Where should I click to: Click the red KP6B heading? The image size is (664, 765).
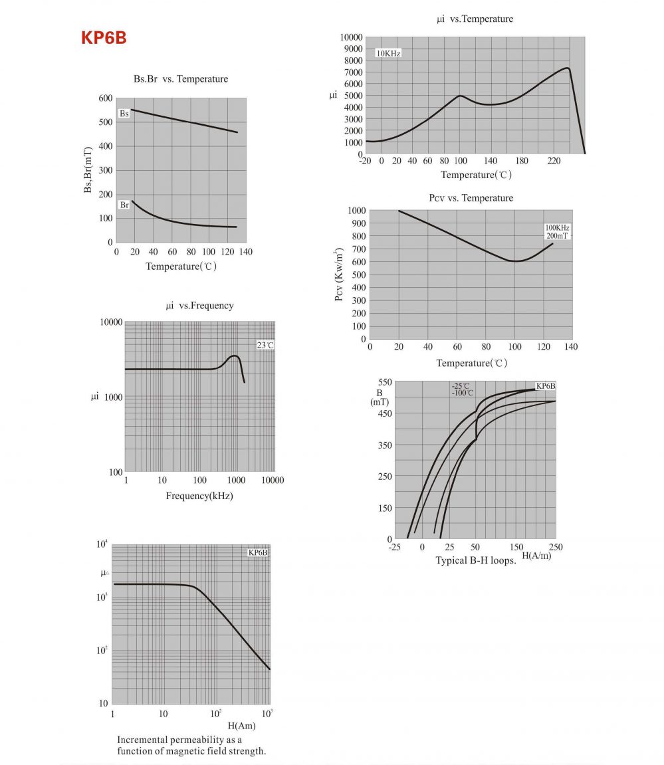[104, 38]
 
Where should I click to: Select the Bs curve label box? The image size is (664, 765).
[124, 114]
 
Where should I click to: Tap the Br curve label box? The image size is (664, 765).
[124, 205]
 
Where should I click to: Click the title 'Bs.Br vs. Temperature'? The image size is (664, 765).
[181, 79]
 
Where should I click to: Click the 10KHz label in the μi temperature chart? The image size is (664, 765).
[389, 53]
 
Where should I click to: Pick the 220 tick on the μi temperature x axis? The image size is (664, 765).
[553, 161]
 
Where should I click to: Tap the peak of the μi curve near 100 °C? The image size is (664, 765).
[460, 96]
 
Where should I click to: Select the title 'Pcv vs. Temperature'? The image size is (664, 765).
[471, 198]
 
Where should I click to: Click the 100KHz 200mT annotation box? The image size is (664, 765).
[558, 231]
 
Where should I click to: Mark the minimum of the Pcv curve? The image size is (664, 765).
[515, 261]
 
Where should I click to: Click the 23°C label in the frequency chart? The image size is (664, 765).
[265, 345]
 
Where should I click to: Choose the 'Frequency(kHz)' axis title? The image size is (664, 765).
[199, 496]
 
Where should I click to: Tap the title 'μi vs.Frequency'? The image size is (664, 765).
[199, 306]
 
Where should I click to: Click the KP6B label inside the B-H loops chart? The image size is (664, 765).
[546, 386]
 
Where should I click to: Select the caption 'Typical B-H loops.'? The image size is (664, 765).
[476, 560]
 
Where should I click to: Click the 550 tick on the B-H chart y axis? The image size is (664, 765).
[385, 382]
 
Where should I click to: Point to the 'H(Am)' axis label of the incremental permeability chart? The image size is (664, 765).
[241, 726]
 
